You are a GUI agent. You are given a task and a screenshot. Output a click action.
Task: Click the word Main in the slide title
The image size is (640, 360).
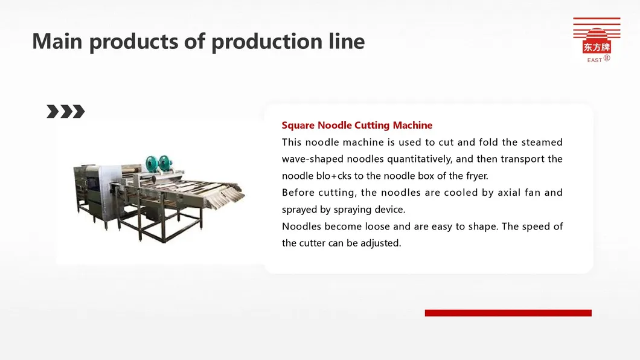(x=57, y=41)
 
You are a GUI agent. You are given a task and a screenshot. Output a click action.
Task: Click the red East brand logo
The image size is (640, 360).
(x=597, y=40)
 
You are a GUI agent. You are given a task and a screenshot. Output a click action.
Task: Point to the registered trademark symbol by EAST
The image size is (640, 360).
(x=607, y=58)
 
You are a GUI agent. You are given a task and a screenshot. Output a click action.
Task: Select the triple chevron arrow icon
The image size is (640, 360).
(x=66, y=111)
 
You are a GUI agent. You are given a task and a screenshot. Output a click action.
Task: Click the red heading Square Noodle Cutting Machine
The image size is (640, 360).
(x=357, y=125)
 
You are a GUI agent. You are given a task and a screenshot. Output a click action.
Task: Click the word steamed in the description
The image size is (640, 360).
(x=542, y=142)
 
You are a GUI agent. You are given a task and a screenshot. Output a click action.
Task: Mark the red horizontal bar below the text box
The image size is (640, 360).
(x=508, y=313)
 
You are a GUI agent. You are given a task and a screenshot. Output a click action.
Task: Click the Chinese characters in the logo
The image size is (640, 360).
(x=597, y=47)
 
